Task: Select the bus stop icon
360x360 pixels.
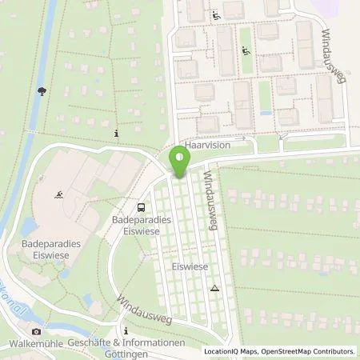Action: point(142,206)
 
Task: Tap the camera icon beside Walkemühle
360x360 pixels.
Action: point(35,331)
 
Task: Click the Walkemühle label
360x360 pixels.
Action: point(36,344)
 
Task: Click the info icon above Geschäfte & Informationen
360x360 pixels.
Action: point(126,330)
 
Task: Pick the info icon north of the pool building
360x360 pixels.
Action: point(117,133)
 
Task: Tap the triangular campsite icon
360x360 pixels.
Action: point(214,287)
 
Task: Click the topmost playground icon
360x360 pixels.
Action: point(214,14)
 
